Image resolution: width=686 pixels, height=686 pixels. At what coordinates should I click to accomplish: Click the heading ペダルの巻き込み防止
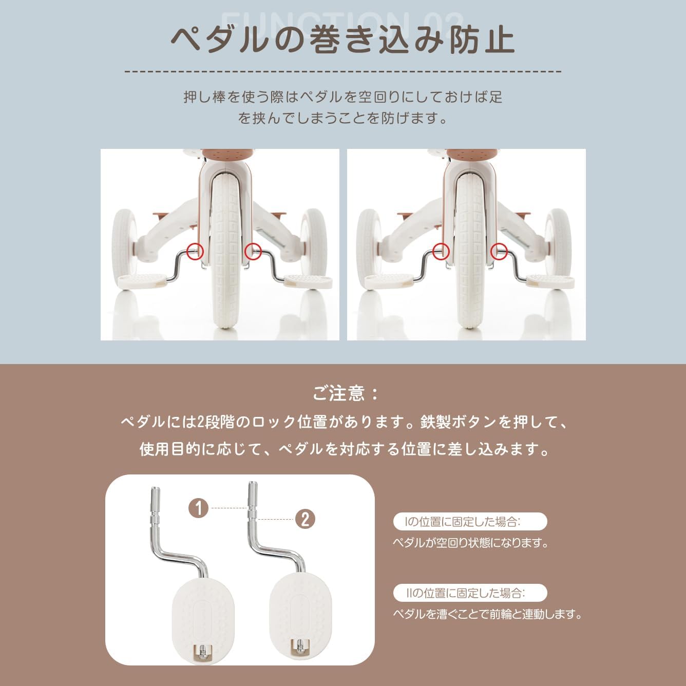342,40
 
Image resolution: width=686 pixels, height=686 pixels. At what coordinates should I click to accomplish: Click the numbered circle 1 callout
199,508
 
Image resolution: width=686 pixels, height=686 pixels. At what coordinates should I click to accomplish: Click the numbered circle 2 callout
305,519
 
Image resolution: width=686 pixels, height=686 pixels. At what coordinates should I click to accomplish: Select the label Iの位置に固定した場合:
469,522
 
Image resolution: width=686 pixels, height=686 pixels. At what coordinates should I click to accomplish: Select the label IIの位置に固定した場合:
469,593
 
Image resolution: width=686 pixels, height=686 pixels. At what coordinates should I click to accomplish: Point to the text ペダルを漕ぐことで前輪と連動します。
488,614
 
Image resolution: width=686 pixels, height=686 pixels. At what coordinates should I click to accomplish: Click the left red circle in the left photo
195,251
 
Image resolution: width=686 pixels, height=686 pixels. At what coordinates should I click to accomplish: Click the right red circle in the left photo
253,251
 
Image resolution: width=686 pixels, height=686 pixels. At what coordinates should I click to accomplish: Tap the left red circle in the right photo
441,251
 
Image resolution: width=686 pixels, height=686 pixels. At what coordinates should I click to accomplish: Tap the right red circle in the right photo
499,251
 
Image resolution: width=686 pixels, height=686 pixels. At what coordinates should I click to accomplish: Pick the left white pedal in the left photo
142,280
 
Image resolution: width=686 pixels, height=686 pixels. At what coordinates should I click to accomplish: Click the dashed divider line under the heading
342,72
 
